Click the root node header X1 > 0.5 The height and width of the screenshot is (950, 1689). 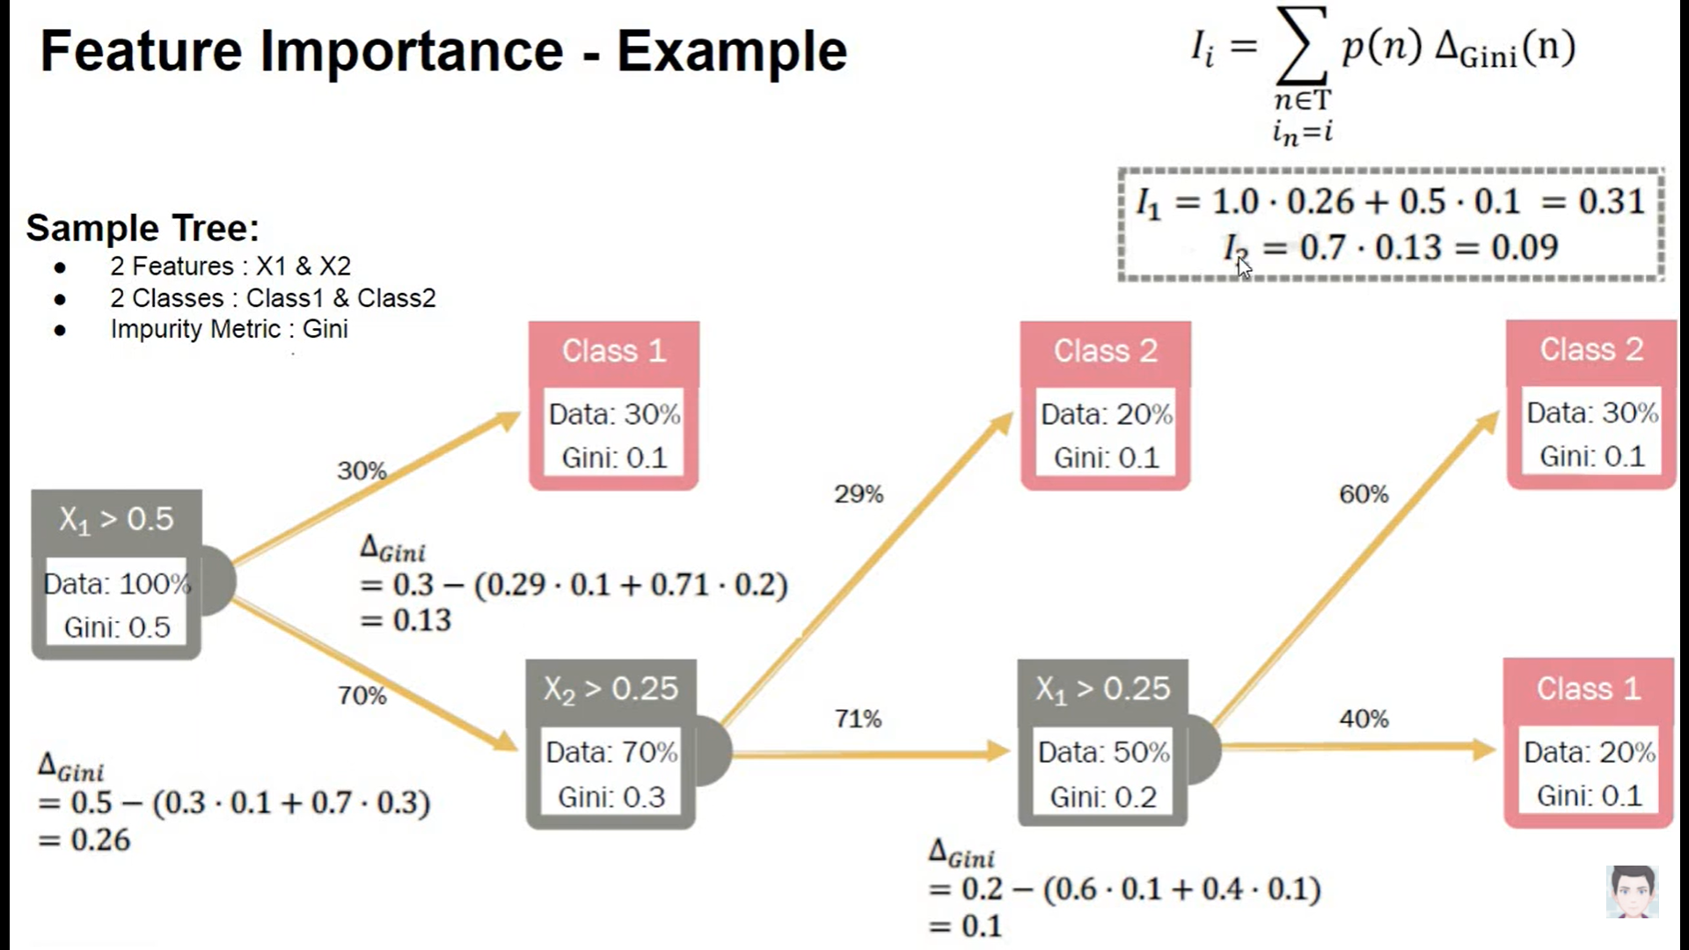click(116, 520)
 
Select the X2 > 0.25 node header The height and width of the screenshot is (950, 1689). click(611, 689)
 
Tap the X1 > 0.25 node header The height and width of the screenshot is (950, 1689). click(1102, 689)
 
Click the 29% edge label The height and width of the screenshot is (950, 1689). click(859, 494)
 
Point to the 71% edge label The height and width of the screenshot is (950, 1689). click(858, 720)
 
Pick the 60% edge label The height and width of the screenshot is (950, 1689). click(1364, 494)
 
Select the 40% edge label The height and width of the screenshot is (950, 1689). click(1364, 720)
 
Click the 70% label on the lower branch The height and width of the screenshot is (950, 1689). click(362, 696)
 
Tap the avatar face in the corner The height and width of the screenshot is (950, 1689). click(1633, 892)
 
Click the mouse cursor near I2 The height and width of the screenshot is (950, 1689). click(1243, 267)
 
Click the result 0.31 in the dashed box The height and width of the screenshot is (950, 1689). click(1611, 202)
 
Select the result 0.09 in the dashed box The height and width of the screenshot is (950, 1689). click(1524, 248)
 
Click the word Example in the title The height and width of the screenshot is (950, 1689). click(731, 51)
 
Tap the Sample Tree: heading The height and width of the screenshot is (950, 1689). click(143, 228)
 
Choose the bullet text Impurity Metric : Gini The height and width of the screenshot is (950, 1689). click(229, 329)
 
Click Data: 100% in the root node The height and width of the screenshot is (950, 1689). click(117, 584)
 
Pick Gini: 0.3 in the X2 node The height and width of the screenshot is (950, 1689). click(611, 797)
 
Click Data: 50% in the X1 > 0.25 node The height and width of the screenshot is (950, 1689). click(1103, 753)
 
